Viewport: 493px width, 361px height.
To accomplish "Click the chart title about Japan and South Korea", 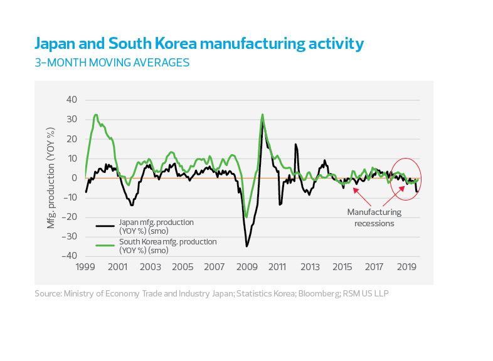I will pos(198,44).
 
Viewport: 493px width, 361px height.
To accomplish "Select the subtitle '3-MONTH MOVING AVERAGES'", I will pos(112,63).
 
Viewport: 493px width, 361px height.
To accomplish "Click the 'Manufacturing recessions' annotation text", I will pos(374,217).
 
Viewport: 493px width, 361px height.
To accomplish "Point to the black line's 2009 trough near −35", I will pos(246,246).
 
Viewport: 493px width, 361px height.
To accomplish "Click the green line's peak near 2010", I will pos(262,115).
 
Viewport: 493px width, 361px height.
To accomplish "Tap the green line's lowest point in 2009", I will pos(246,217).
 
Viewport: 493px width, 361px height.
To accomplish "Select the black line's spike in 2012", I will pos(295,145).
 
